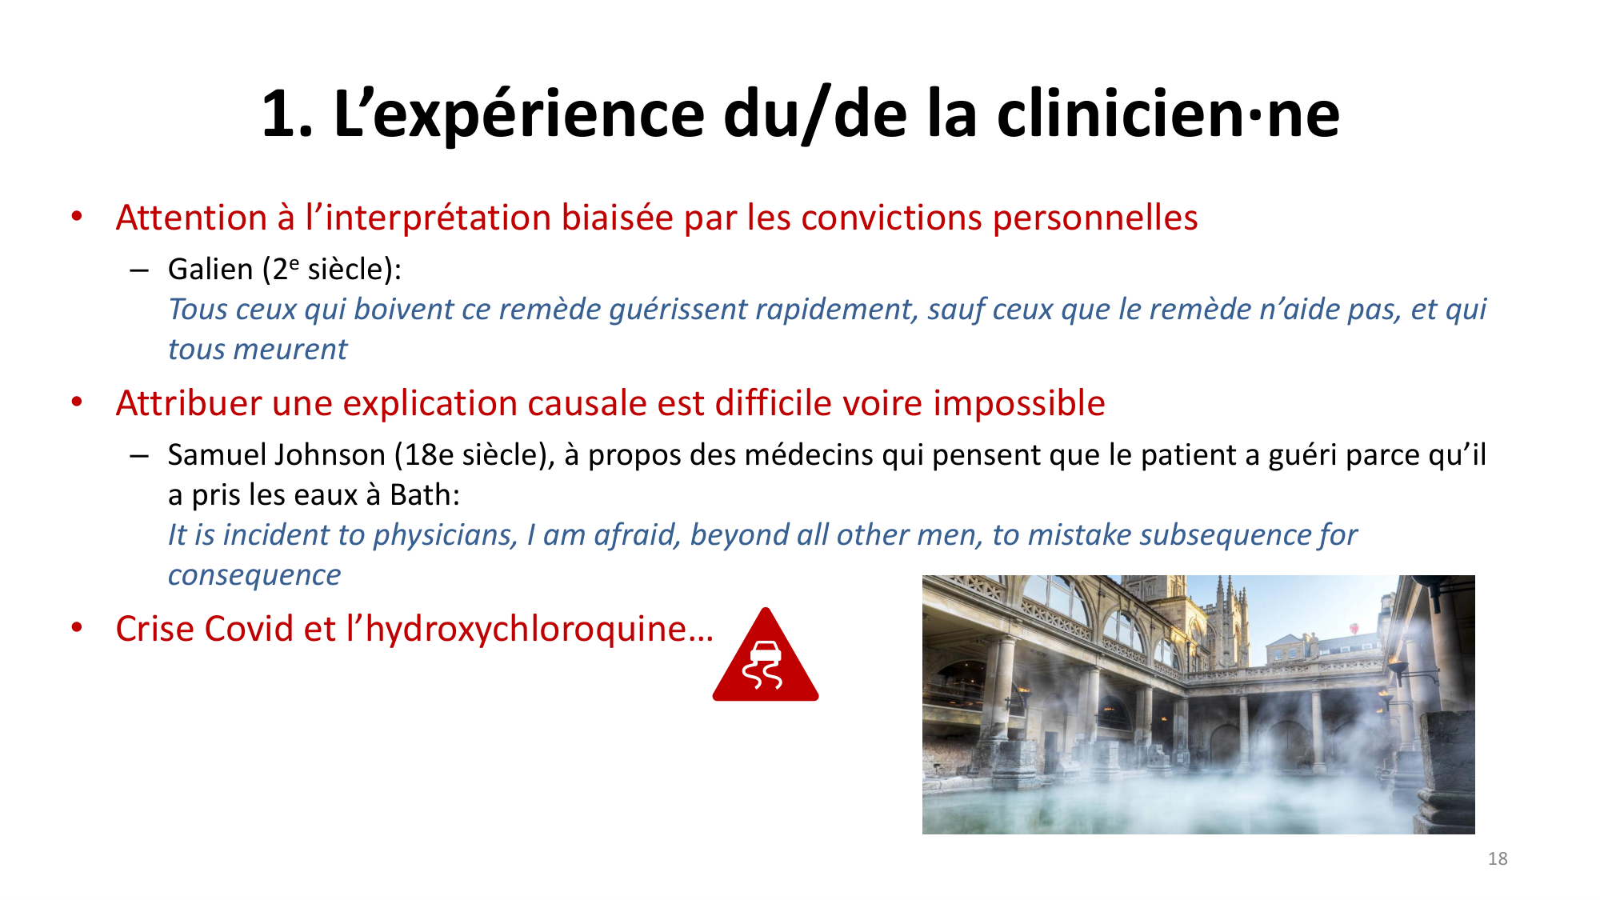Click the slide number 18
coord(1498,858)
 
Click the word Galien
coord(210,270)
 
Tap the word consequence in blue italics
coord(254,575)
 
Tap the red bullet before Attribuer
coord(77,402)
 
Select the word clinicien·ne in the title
coord(1168,114)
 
